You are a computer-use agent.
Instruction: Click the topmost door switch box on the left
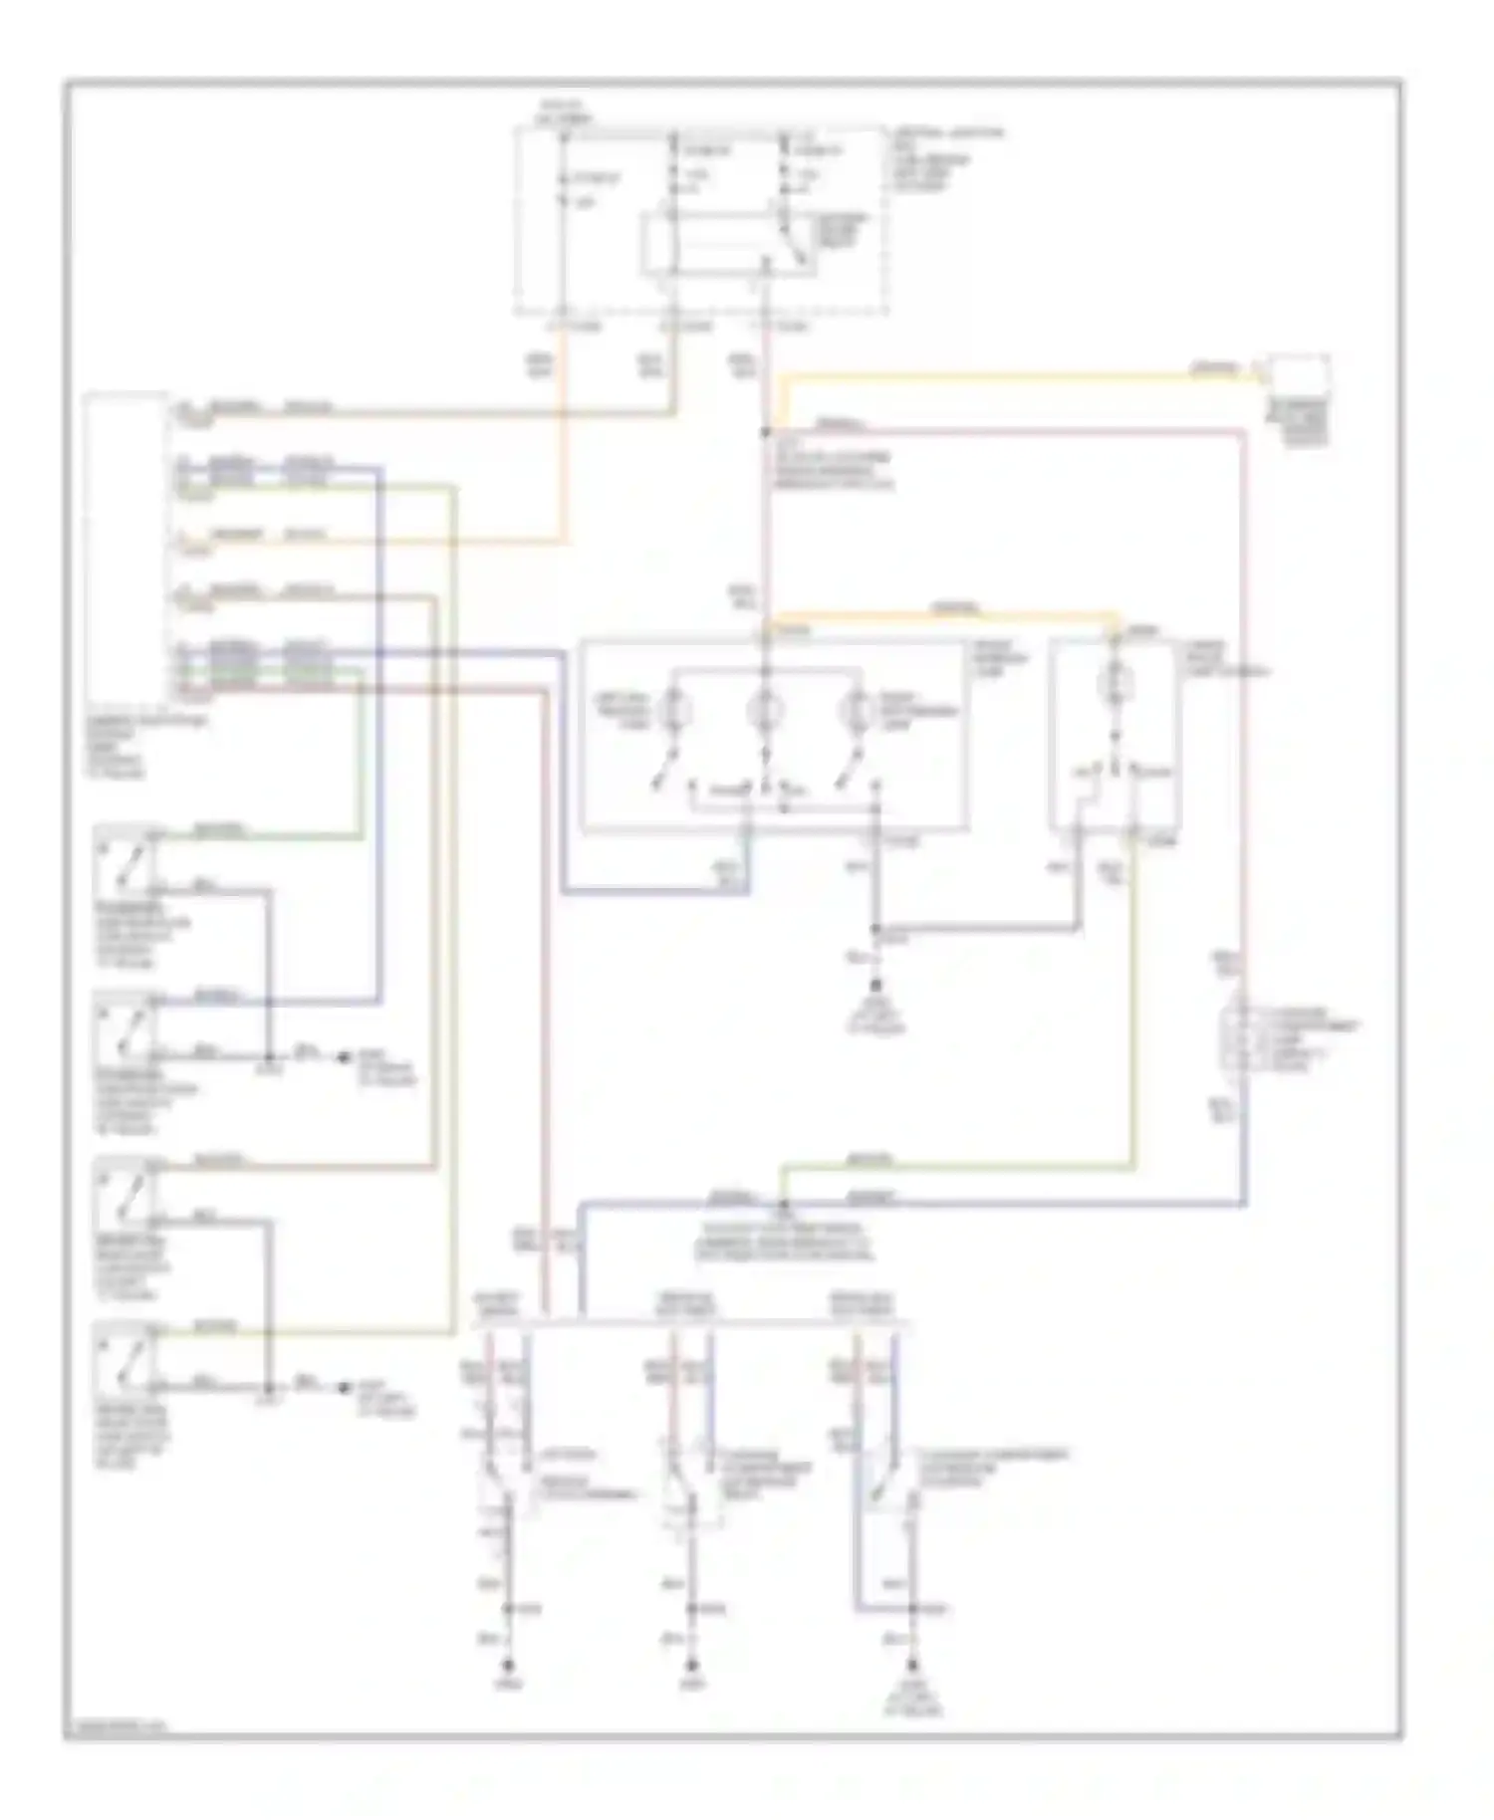point(124,861)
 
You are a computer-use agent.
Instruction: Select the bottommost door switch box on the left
point(124,1359)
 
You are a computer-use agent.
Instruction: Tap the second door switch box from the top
point(124,1028)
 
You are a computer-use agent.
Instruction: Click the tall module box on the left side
point(126,548)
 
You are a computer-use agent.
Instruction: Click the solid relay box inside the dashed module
point(726,243)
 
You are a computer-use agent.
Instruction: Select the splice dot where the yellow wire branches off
point(765,432)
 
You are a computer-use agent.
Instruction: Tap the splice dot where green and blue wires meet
point(783,1206)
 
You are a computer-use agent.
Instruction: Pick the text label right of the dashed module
point(946,159)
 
